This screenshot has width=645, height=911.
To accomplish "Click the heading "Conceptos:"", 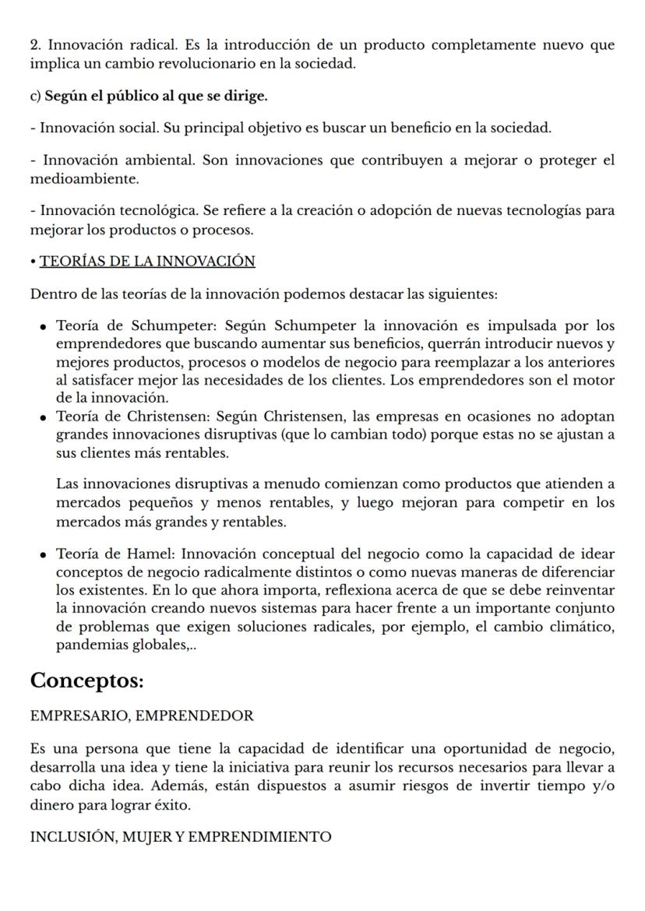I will [x=86, y=680].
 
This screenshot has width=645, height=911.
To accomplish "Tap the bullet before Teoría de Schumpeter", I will [x=45, y=327].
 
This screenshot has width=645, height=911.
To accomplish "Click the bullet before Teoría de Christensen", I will [x=45, y=418].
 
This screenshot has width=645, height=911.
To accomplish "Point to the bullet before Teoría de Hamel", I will [x=45, y=555].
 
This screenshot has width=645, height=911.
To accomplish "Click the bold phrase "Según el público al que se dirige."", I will [x=156, y=97].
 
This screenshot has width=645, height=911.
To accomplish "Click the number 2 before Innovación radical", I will [x=34, y=45].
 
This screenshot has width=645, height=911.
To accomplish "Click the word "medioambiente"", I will [x=84, y=179].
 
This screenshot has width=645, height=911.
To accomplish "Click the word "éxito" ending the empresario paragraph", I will [x=172, y=804].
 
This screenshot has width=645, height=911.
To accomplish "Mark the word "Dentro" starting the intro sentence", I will [x=51, y=294].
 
